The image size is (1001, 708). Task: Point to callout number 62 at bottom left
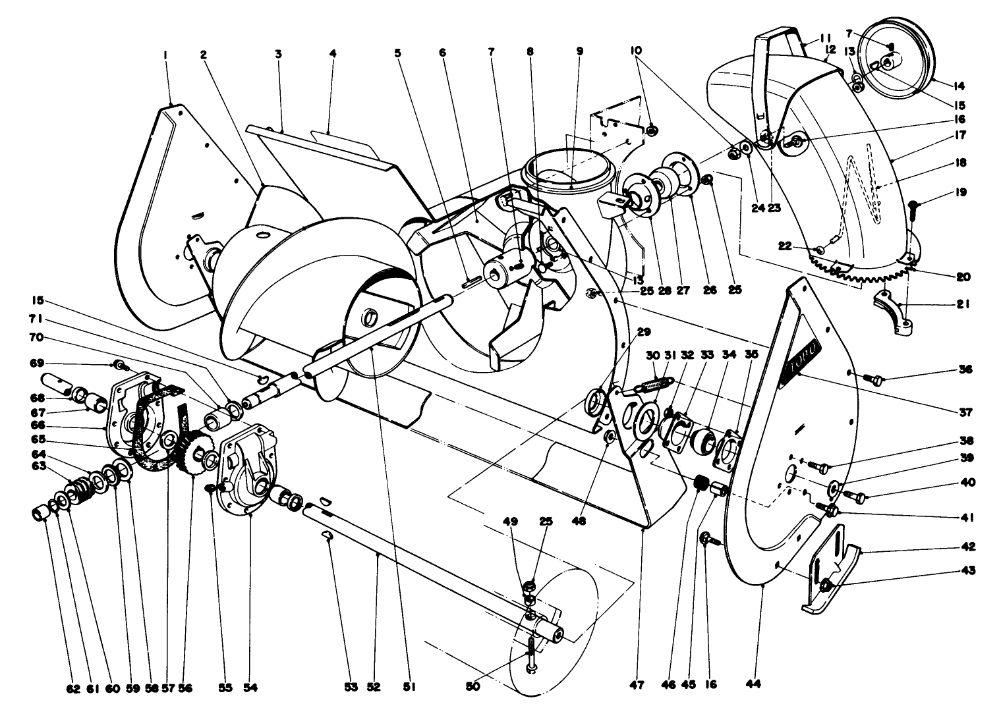[72, 688]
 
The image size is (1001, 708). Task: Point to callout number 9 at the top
[579, 50]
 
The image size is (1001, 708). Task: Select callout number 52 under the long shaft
[374, 688]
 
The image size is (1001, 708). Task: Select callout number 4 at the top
[332, 55]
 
